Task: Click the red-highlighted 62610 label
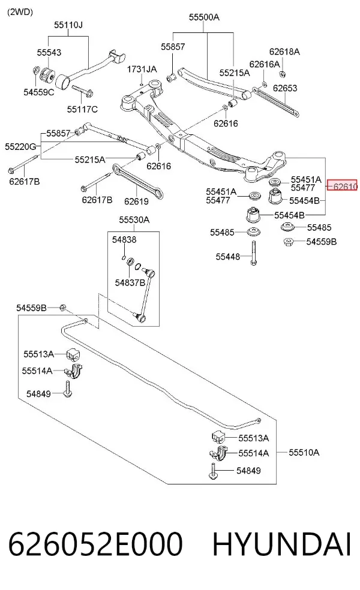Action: tap(342, 185)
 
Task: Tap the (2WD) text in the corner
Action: tap(20, 12)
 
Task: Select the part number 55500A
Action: tap(204, 17)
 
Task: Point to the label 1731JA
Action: tap(142, 69)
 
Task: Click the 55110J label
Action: tap(68, 25)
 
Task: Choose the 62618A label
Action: tap(284, 52)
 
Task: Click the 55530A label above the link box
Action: tap(134, 219)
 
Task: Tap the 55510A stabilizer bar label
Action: tap(304, 452)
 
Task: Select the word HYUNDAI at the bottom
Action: tap(281, 544)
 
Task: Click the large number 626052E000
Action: tap(95, 544)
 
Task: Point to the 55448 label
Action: tap(228, 257)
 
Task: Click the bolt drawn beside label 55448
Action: tap(254, 253)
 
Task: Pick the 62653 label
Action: tap(285, 88)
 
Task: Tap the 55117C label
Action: tap(82, 109)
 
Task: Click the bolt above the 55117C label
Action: tap(82, 91)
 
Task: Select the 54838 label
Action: tap(124, 240)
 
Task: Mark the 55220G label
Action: tap(20, 146)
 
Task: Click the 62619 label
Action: tap(136, 201)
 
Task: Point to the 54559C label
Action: tap(39, 92)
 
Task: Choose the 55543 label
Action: tap(49, 52)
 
